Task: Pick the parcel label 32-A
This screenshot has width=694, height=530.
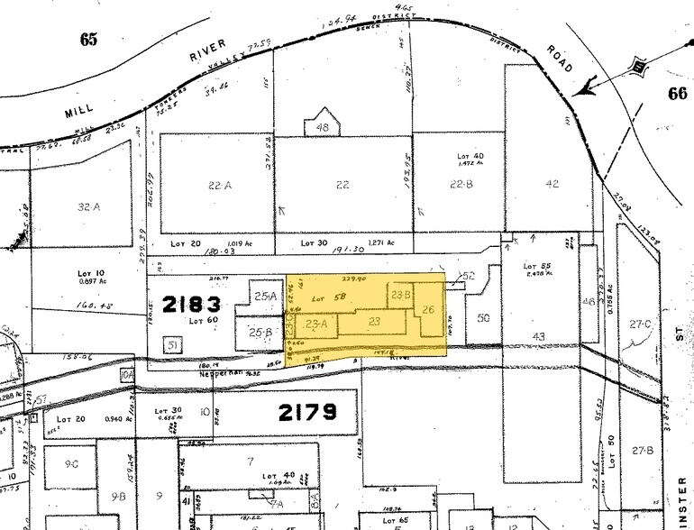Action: [x=88, y=206]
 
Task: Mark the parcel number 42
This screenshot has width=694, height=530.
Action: [x=552, y=185]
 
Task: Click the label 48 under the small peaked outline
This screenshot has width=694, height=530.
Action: [x=322, y=128]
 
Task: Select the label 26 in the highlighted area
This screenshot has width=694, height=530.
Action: [x=429, y=311]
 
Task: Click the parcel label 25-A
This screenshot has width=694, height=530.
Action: [x=265, y=296]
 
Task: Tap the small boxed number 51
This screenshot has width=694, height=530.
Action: [x=171, y=343]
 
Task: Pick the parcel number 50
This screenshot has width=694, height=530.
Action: [x=483, y=318]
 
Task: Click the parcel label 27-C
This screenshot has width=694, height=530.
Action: [x=641, y=323]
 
